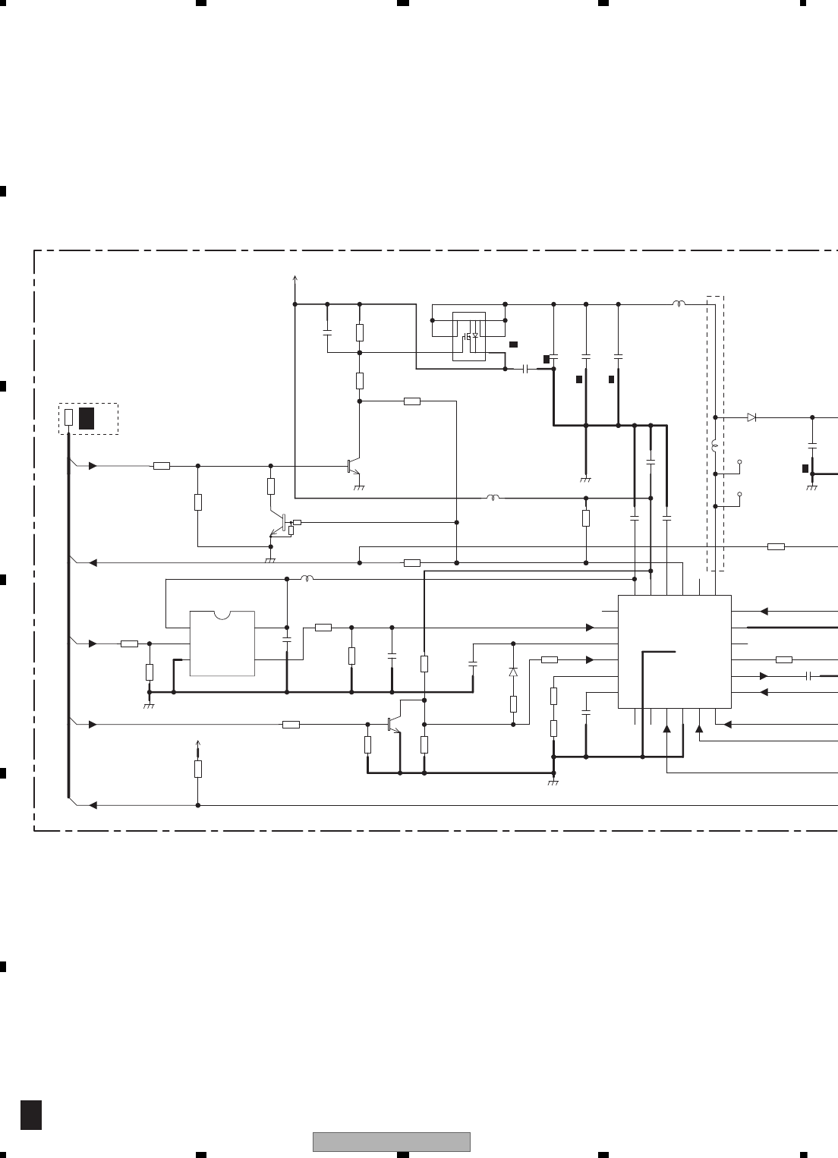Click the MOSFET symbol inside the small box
[x=469, y=335]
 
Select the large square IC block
[x=675, y=651]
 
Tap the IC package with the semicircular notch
[x=222, y=643]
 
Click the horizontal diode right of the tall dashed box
[x=751, y=417]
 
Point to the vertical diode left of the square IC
[x=513, y=672]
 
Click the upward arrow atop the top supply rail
[x=295, y=278]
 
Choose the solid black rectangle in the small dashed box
[x=87, y=418]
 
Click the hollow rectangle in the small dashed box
[x=69, y=417]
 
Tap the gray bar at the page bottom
[x=391, y=1141]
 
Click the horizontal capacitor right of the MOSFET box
[x=526, y=369]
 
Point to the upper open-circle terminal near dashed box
[x=739, y=461]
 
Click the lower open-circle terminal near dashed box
[x=739, y=494]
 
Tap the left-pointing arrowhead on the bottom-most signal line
[x=93, y=804]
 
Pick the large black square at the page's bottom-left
[x=30, y=1114]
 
